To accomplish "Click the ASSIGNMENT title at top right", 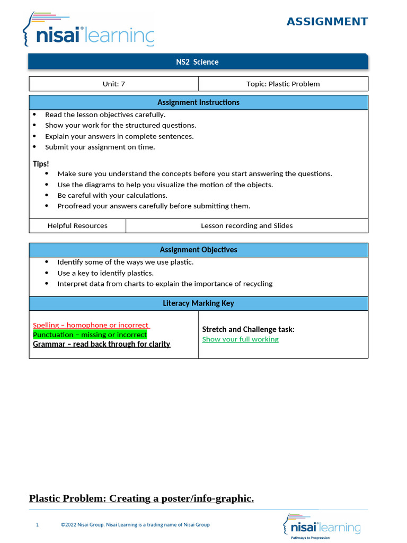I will pos(327,22).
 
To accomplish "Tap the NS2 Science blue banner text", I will pos(197,62).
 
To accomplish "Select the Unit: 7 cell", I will pos(113,84).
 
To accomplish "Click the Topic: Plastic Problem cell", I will pos(283,84).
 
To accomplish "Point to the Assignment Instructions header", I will pos(198,102).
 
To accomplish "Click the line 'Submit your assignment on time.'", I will pos(100,147).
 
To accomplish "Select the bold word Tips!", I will pos(41,164).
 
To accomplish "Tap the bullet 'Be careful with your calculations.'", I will pos(112,195).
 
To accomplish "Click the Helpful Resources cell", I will pos(77,225).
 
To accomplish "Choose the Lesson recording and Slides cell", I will pos(246,225).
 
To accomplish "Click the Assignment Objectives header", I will pos(198,250).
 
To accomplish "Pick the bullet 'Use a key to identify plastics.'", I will pos(105,273).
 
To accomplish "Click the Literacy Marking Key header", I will pos(198,303).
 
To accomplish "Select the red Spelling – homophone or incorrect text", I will pos(91,325).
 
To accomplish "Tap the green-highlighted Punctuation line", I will pos(90,335).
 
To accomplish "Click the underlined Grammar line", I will pos(101,344).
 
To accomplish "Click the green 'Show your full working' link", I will pos(240,339).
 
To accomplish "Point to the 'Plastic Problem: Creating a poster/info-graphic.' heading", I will pos(141,498).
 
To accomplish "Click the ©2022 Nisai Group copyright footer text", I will pos(135,525).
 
